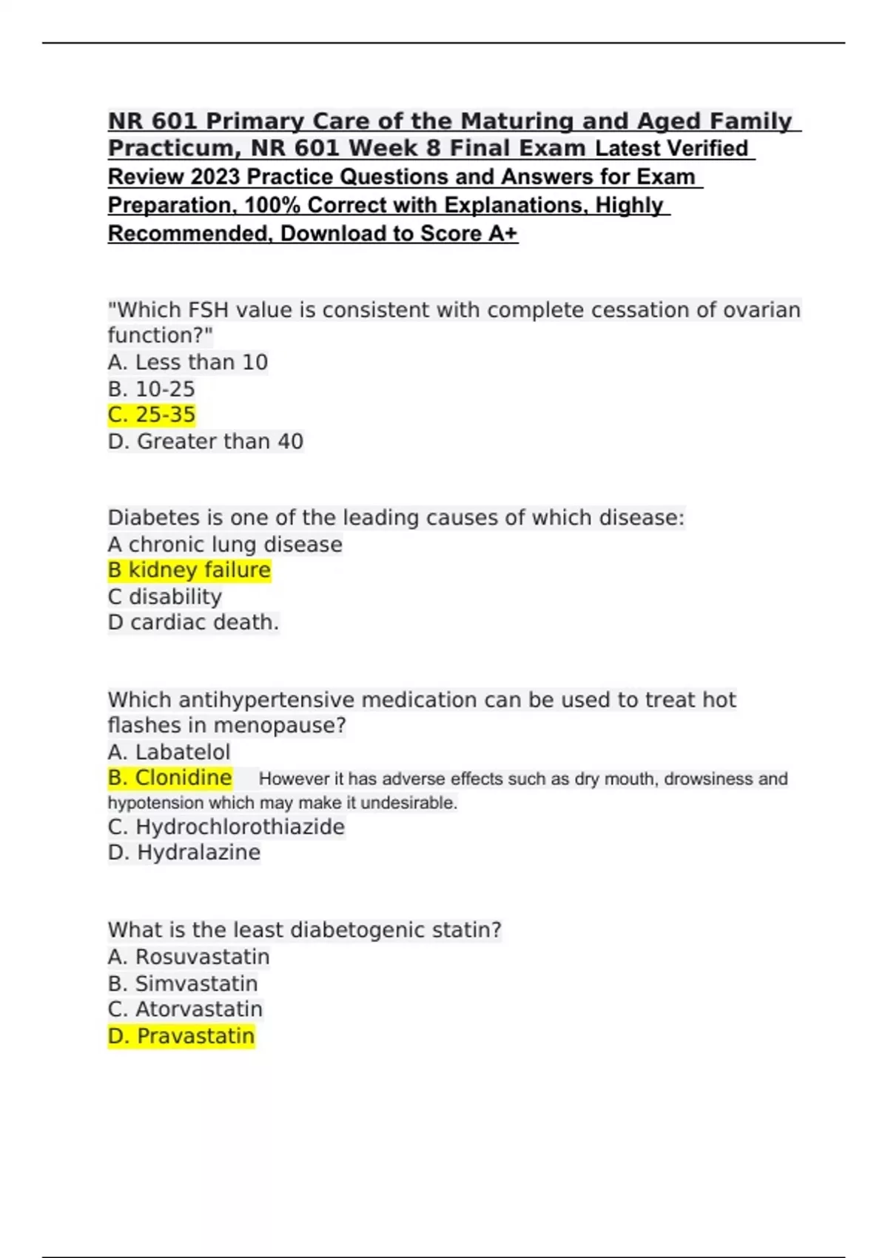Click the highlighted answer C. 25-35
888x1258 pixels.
point(152,415)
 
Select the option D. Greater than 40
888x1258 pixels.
point(206,442)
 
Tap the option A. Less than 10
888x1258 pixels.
point(188,363)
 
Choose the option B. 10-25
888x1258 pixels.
point(152,389)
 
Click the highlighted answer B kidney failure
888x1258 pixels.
point(189,571)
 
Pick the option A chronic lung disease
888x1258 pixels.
point(225,545)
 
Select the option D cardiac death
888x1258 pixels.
point(193,622)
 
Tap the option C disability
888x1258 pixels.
point(165,596)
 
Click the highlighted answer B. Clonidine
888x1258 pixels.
point(170,778)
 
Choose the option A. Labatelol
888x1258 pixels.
point(169,753)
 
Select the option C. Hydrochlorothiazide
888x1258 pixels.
point(226,827)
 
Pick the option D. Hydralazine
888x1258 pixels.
point(184,852)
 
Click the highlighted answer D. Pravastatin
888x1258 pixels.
point(181,1036)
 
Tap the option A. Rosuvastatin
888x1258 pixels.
point(189,957)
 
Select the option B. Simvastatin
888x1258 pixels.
point(183,983)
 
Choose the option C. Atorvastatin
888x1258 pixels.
point(185,1009)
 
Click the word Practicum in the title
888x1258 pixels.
point(174,149)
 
